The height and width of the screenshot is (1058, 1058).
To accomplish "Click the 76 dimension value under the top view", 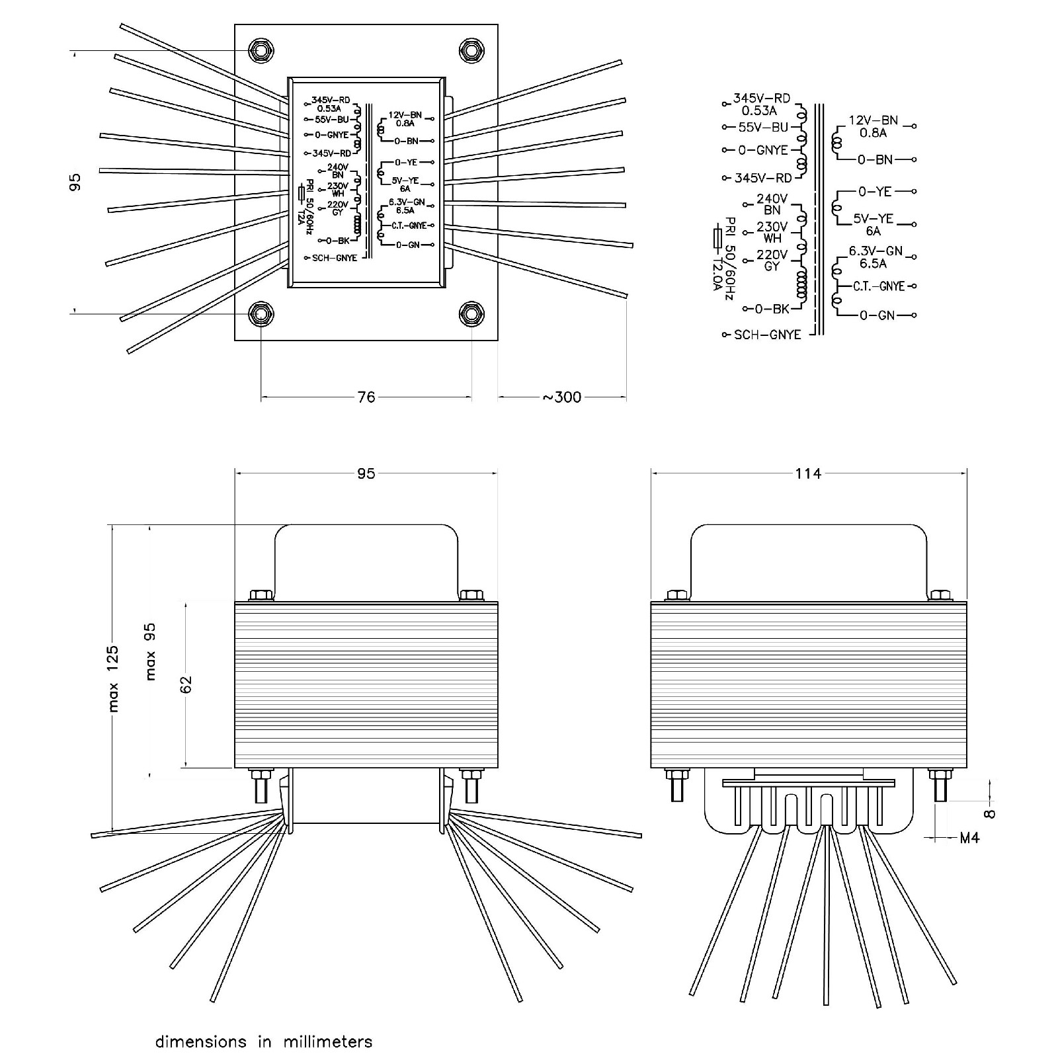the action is [366, 397].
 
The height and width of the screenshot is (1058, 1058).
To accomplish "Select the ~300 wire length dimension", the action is [562, 397].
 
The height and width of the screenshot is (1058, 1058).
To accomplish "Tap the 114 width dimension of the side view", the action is [808, 473].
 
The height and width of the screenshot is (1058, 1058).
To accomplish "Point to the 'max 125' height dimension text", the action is [113, 678].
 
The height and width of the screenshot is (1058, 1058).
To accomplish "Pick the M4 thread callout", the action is [969, 838].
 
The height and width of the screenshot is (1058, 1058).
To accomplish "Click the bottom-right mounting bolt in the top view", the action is [471, 314].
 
